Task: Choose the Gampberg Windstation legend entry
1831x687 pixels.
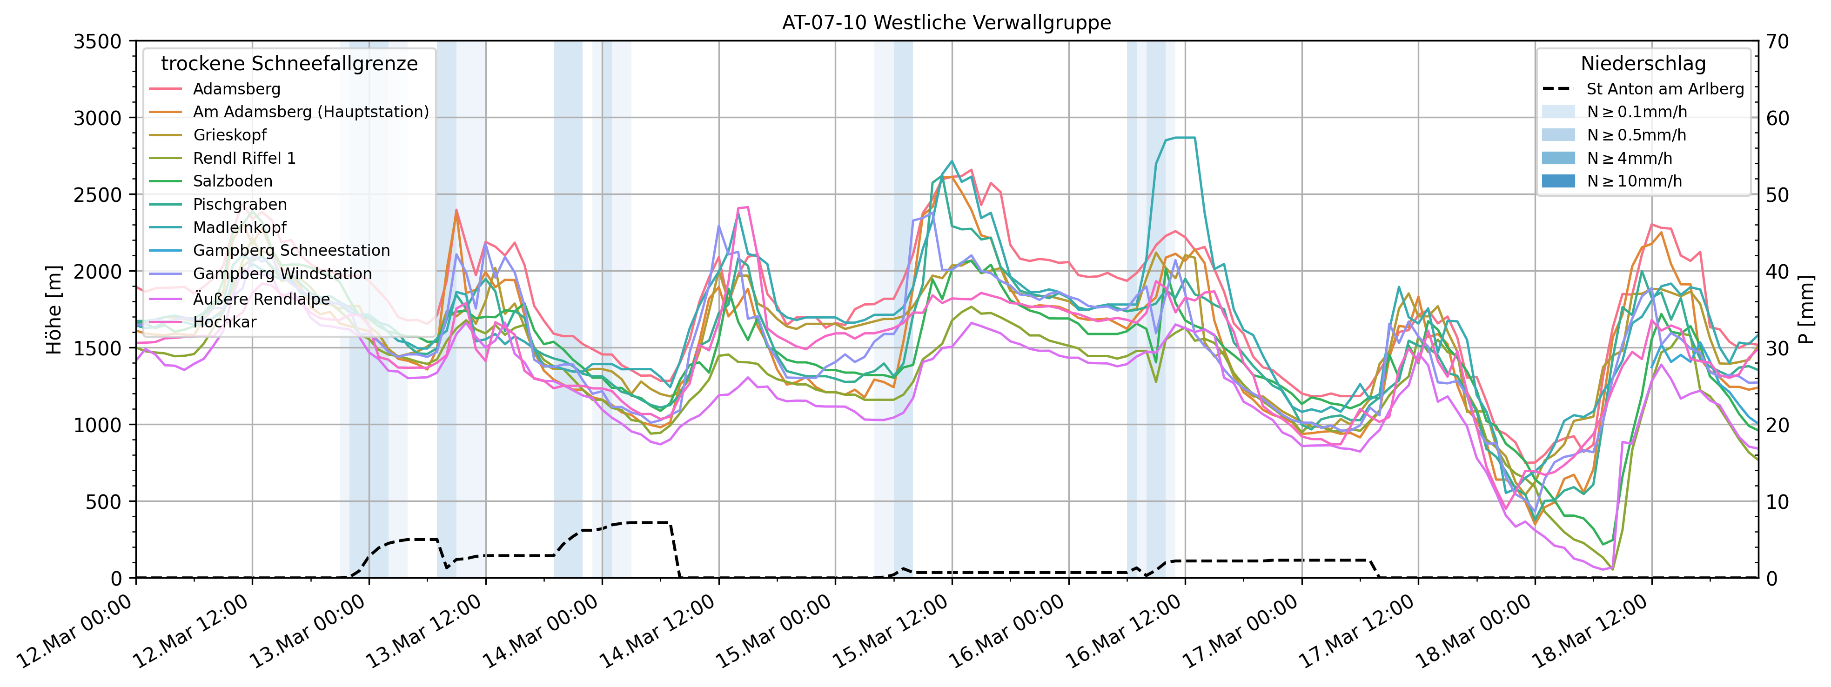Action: point(282,273)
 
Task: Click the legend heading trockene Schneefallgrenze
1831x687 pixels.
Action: point(289,64)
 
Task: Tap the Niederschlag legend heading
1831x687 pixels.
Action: point(1643,64)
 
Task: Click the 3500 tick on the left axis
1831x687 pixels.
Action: point(97,42)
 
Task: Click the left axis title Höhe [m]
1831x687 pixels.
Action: point(54,310)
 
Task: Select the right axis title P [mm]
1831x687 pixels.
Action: point(1808,310)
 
